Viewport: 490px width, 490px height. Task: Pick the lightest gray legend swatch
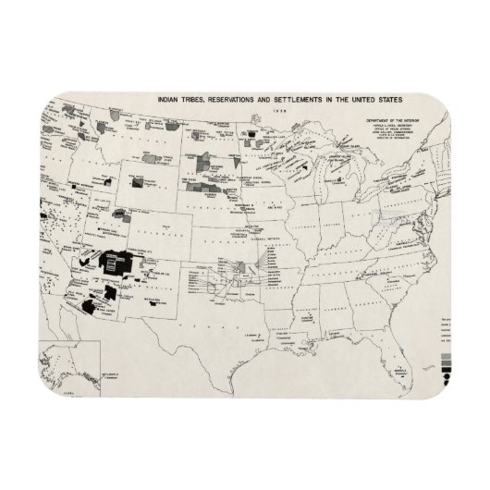448,355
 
